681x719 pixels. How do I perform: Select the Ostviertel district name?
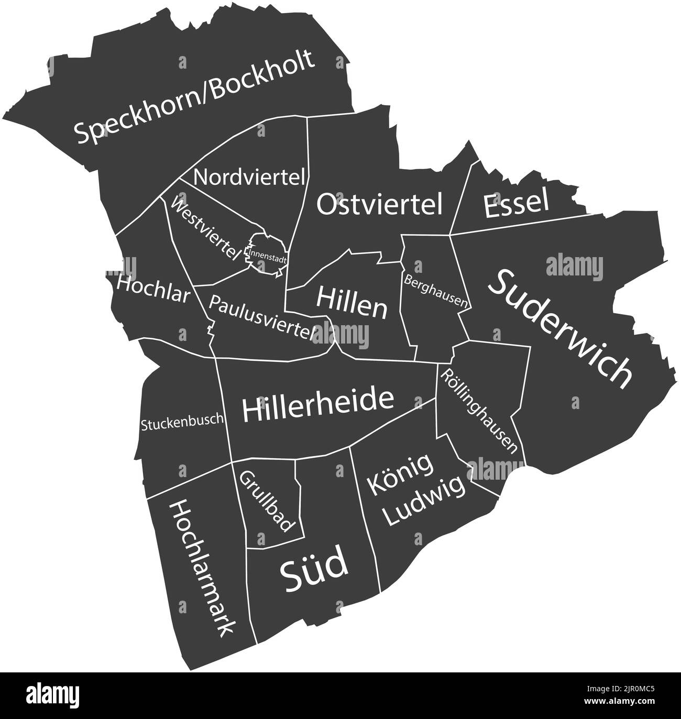380,204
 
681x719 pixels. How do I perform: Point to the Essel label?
517,204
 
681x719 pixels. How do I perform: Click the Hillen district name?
352,304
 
